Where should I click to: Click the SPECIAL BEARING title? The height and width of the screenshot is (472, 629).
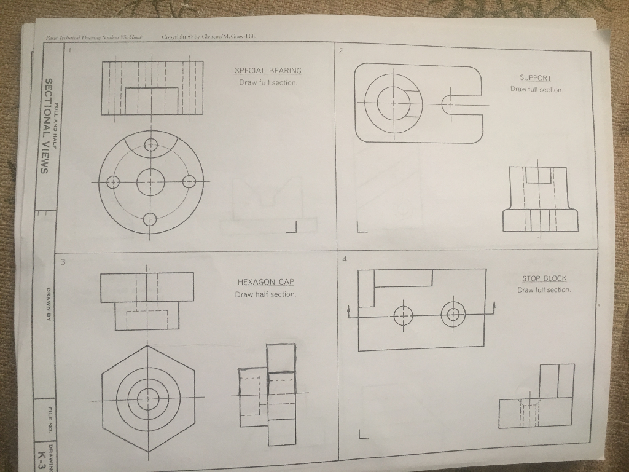(x=268, y=71)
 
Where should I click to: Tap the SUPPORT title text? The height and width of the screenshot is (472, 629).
(x=536, y=78)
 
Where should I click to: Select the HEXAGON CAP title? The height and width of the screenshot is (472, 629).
(x=265, y=282)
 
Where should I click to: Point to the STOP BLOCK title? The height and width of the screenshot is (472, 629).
(x=544, y=278)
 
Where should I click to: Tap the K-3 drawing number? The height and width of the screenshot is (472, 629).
(x=42, y=457)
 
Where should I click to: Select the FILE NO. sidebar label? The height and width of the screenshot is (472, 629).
(x=47, y=418)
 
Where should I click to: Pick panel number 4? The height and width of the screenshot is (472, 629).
(x=345, y=259)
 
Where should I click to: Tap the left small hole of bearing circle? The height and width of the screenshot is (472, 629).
(x=112, y=183)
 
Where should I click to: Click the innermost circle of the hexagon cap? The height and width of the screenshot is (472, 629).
(x=147, y=399)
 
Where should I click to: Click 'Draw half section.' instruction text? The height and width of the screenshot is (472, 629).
(x=265, y=294)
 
